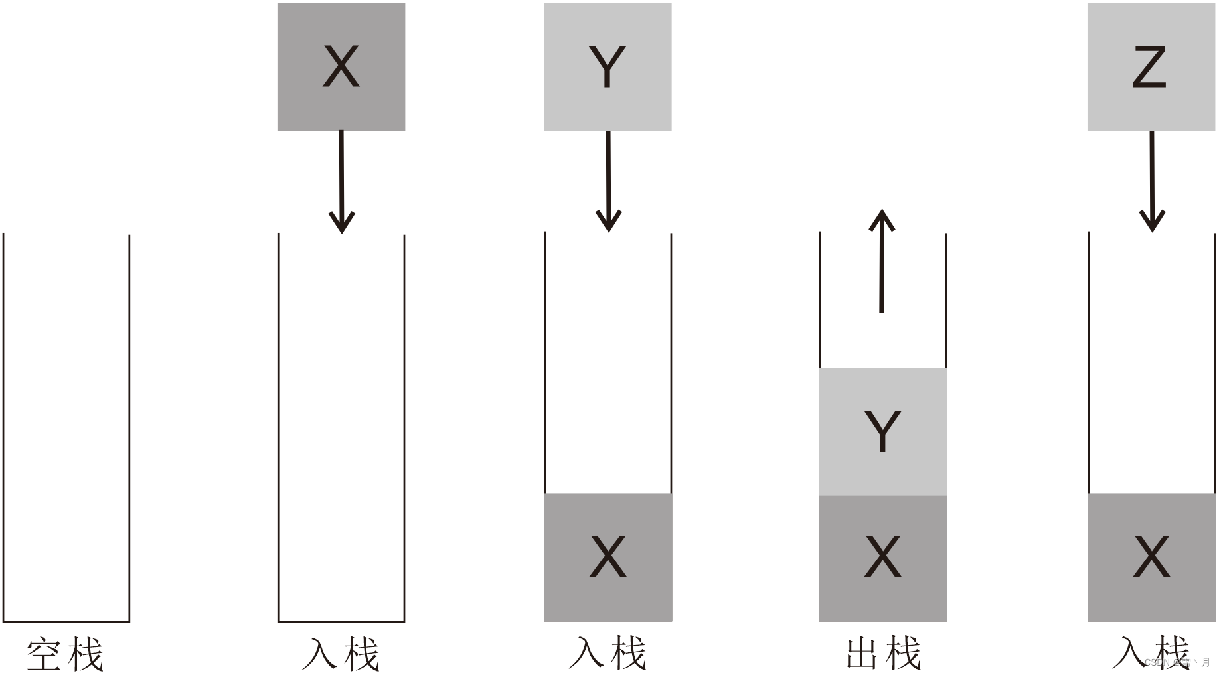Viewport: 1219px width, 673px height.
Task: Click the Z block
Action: (x=1151, y=67)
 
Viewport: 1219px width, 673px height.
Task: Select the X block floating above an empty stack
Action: (x=341, y=67)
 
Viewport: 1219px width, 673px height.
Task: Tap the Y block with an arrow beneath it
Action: (x=608, y=67)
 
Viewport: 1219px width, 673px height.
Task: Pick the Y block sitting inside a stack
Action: (x=882, y=431)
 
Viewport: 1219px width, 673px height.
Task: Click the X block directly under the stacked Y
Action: (x=882, y=558)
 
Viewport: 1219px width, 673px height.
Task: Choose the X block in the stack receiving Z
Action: (x=1151, y=558)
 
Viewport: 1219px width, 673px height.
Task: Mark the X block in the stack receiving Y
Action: (x=608, y=558)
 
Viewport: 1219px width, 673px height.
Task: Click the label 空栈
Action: (x=65, y=654)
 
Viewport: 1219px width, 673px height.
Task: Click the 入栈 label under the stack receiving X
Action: (x=341, y=654)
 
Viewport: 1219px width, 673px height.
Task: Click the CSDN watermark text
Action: (x=1177, y=662)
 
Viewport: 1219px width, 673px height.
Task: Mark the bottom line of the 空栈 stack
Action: (x=66, y=622)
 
